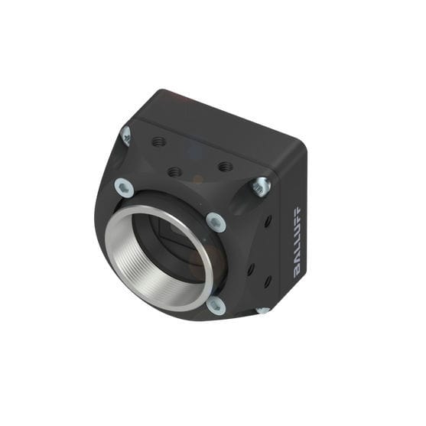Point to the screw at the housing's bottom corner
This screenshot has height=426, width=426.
coord(262,310)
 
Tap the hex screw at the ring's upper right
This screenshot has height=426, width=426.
coord(216,222)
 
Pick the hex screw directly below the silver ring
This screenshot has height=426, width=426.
coord(216,304)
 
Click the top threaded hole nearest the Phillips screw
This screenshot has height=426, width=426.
coord(159,141)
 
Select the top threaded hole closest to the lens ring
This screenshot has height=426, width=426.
coord(174,172)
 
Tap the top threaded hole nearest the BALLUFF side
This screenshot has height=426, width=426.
coord(224,166)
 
